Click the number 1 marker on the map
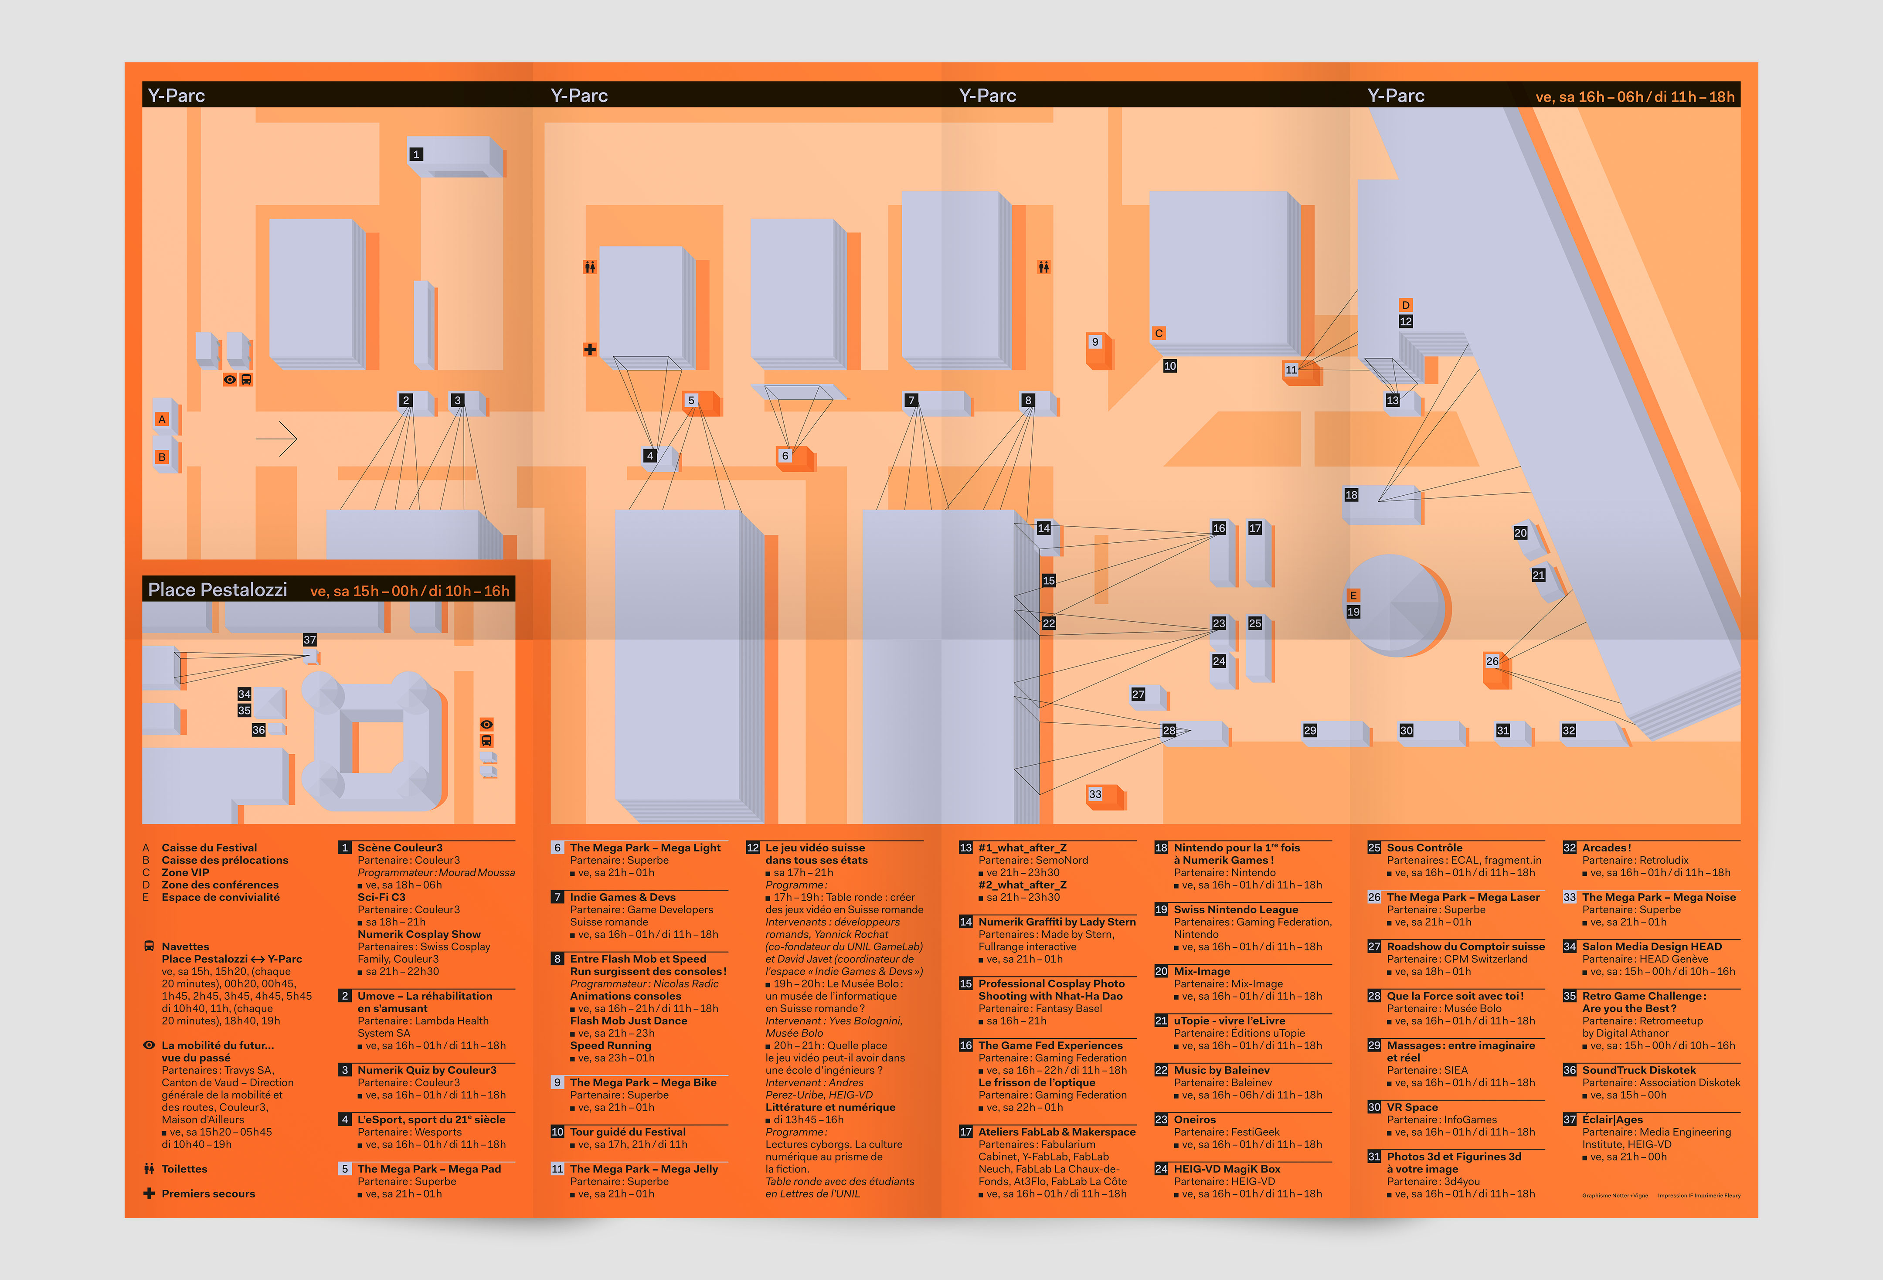416,154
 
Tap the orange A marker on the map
162,419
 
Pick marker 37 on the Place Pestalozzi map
309,640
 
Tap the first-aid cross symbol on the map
590,349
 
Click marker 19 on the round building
1353,612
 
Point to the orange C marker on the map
1159,333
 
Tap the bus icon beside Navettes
149,946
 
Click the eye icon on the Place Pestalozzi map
486,724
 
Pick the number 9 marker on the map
1095,341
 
